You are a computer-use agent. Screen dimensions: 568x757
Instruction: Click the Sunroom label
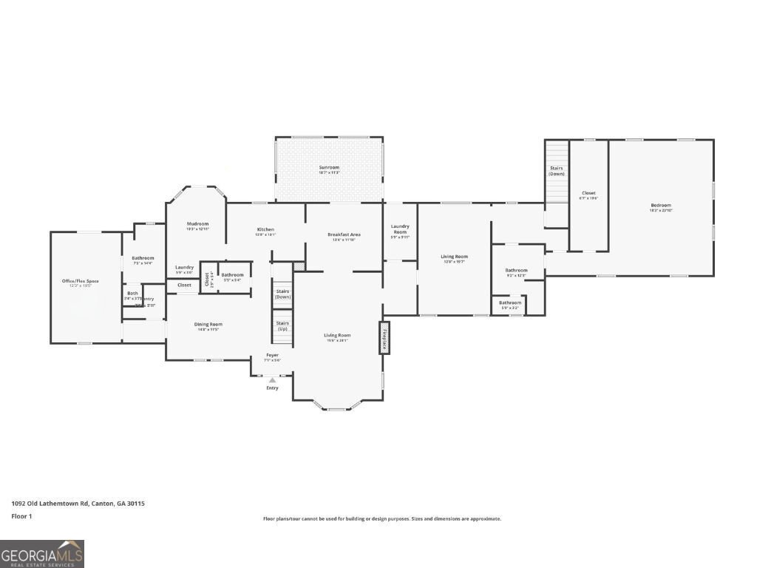pyautogui.click(x=329, y=168)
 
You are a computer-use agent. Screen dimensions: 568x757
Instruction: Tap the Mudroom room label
pyautogui.click(x=197, y=224)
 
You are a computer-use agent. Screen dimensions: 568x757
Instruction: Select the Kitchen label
pyautogui.click(x=265, y=230)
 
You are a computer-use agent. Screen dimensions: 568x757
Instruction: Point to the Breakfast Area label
pyautogui.click(x=344, y=235)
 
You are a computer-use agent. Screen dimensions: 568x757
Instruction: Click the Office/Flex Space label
pyautogui.click(x=81, y=282)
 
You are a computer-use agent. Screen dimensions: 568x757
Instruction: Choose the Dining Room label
pyautogui.click(x=208, y=325)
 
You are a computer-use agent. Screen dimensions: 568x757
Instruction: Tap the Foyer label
pyautogui.click(x=273, y=356)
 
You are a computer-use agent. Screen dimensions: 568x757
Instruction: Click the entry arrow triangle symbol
pyautogui.click(x=272, y=380)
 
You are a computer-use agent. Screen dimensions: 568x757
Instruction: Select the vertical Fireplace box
pyautogui.click(x=384, y=338)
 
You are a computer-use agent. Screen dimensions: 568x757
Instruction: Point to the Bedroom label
pyautogui.click(x=661, y=206)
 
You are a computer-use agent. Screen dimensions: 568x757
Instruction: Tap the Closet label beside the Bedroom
pyautogui.click(x=588, y=194)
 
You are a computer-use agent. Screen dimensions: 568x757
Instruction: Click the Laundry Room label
pyautogui.click(x=400, y=229)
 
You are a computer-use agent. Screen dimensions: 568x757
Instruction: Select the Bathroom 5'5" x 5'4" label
pyautogui.click(x=232, y=275)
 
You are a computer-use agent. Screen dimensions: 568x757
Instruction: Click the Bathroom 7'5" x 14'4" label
pyautogui.click(x=143, y=258)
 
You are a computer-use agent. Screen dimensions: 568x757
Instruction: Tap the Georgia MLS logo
pyautogui.click(x=42, y=553)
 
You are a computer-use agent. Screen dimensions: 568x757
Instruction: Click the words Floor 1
pyautogui.click(x=22, y=516)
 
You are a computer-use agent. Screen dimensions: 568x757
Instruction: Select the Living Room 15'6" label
pyautogui.click(x=337, y=336)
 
